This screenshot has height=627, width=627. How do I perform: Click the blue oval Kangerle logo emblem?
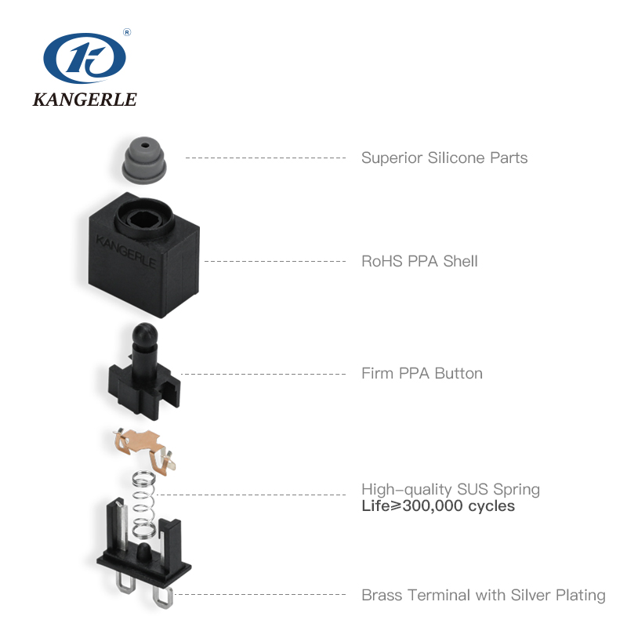pyautogui.click(x=85, y=61)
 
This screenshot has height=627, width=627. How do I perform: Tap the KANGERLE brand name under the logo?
pyautogui.click(x=85, y=100)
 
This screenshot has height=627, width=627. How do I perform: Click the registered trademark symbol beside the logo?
pyautogui.click(x=127, y=33)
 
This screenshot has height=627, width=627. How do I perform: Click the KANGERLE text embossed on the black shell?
pyautogui.click(x=125, y=250)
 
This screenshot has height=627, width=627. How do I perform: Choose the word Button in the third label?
pyautogui.click(x=458, y=373)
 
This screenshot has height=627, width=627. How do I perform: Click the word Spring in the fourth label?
pyautogui.click(x=516, y=490)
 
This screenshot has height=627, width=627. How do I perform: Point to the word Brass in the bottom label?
pyautogui.click(x=382, y=596)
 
